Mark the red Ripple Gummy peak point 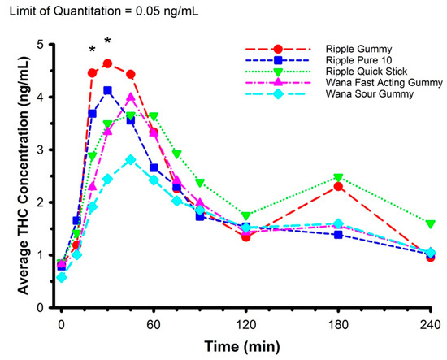(107, 63)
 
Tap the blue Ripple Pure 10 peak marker (107, 90)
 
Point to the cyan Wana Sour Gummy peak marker (130, 160)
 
